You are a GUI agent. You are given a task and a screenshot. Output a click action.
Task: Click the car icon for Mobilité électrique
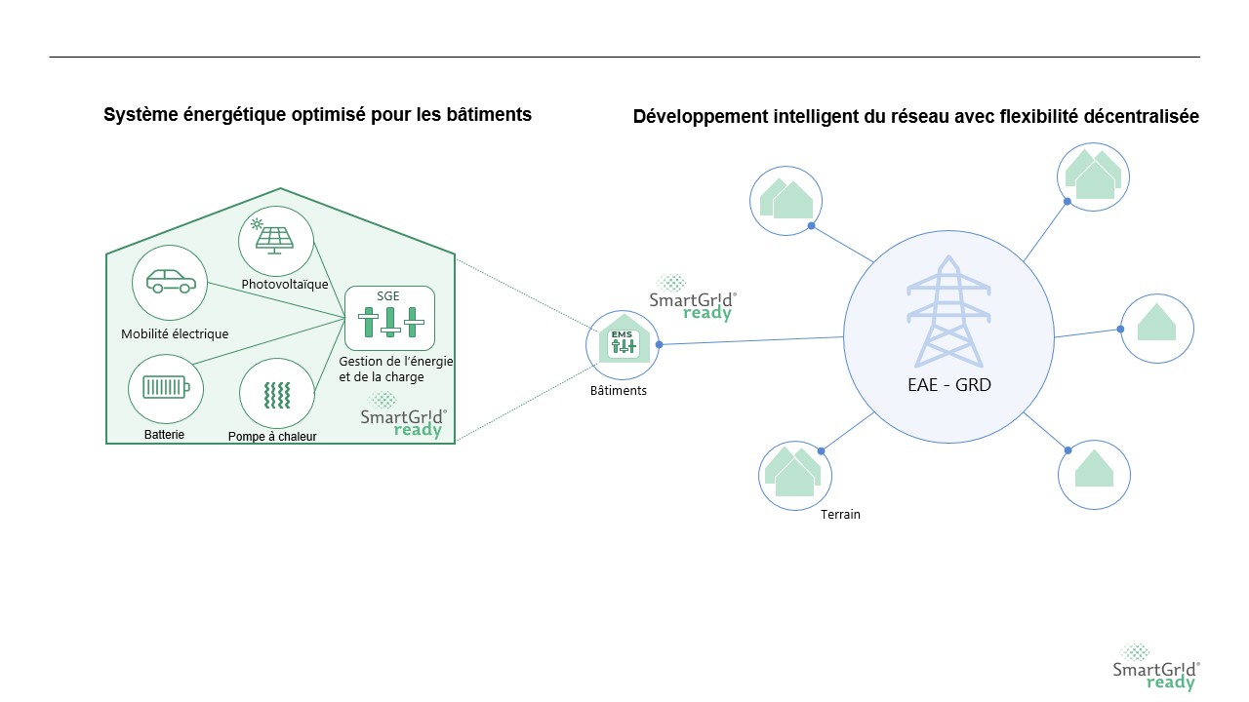170,282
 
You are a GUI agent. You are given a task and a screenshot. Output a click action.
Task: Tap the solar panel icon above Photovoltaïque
276,235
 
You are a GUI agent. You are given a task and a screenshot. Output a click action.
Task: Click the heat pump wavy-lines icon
277,395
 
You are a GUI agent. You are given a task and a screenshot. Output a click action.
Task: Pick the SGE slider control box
389,318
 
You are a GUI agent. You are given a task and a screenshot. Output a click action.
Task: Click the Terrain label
840,514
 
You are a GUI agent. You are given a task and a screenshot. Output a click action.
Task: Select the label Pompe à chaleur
272,437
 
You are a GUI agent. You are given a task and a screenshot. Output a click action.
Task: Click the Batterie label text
163,434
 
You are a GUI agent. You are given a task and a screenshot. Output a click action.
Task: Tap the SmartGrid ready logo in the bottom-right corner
1156,668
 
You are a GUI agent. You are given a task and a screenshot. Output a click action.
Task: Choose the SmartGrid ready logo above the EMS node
693,298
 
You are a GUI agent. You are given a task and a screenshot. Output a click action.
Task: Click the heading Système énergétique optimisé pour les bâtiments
317,115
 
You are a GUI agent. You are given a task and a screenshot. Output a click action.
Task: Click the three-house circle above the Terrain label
795,473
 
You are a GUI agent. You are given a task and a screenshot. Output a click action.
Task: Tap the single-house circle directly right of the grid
1156,329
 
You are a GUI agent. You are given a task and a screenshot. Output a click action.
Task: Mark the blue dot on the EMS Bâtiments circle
659,344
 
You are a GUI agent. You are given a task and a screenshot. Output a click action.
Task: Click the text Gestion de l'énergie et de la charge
395,369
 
